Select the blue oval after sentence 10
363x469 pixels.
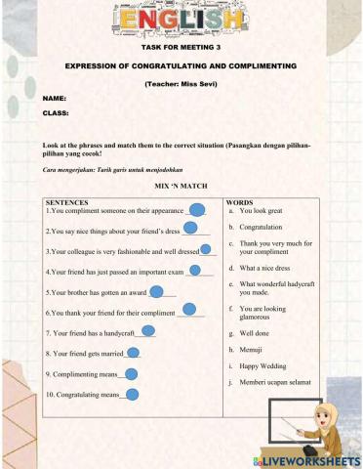click(132, 395)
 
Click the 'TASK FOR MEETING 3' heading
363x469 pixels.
click(181, 46)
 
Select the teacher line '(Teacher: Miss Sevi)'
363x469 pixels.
click(181, 83)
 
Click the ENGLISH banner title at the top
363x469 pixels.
click(181, 20)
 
